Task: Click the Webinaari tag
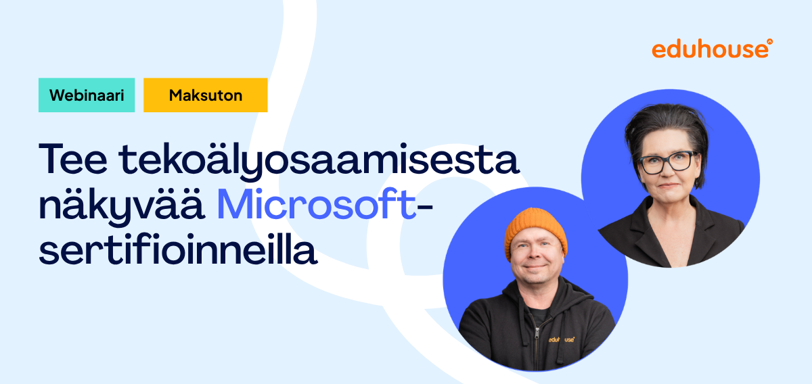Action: pyautogui.click(x=87, y=95)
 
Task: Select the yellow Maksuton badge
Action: pyautogui.click(x=205, y=95)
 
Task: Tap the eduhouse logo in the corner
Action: pyautogui.click(x=710, y=49)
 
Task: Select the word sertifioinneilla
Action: pyautogui.click(x=178, y=251)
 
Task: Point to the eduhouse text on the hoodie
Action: pyautogui.click(x=562, y=339)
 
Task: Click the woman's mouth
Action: pyautogui.click(x=667, y=187)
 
